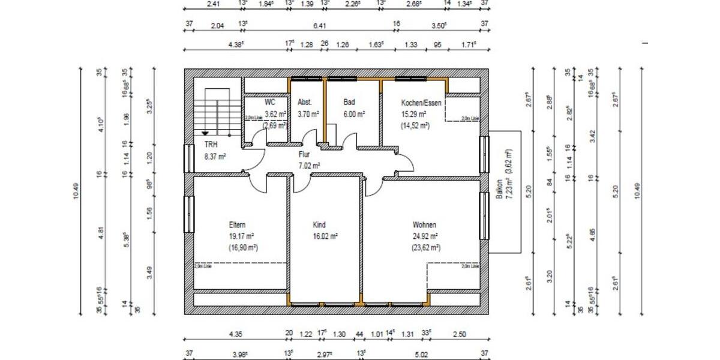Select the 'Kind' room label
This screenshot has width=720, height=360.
point(319,225)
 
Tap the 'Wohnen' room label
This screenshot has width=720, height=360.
point(424,225)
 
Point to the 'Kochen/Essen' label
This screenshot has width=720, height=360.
point(421,103)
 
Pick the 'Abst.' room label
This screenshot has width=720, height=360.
point(305,103)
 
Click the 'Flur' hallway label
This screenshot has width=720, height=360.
point(305,154)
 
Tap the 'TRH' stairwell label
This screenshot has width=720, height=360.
point(211,145)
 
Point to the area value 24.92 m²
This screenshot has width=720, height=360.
point(425,236)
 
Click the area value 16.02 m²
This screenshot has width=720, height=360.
point(325,236)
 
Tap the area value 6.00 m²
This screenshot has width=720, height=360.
point(353,113)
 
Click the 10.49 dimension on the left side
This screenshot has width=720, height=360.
point(76,191)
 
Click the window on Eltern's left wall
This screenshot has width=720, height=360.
point(188,214)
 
